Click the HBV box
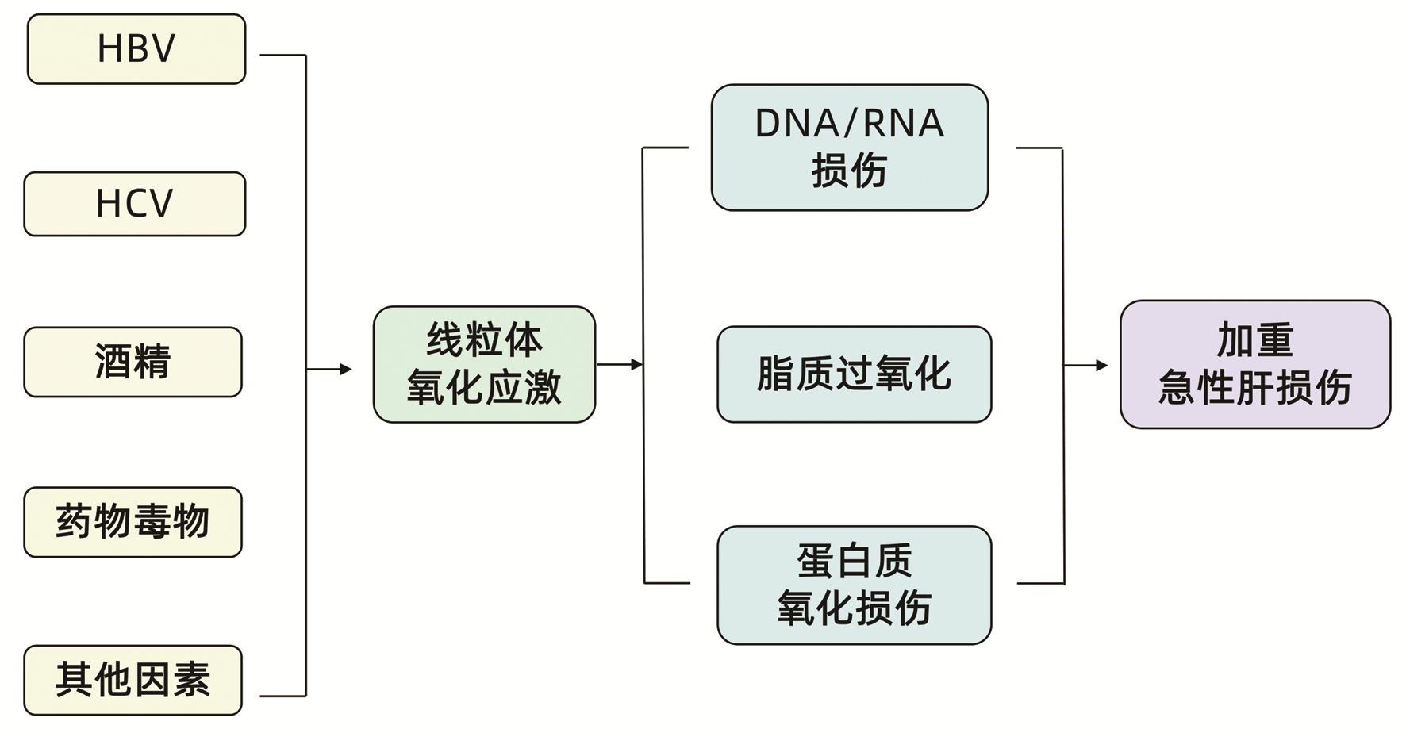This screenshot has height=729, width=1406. coord(136,49)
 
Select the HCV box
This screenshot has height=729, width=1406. coord(135,204)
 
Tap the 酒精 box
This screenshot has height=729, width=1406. coord(133,362)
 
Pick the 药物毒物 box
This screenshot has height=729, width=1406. coord(133,522)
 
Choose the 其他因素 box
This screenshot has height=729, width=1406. coord(133,680)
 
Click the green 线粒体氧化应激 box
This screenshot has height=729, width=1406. coord(484,364)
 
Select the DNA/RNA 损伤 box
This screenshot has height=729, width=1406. coord(849,148)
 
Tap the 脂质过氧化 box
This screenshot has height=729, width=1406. coord(854,374)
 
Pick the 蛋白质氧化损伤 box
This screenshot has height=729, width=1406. coord(854,585)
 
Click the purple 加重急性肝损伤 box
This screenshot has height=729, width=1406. coord(1254,364)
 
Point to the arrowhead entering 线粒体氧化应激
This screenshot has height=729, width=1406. coord(346,369)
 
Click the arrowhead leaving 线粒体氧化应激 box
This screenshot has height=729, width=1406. coord(637,365)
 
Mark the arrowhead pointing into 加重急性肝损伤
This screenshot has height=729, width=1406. coord(1102,366)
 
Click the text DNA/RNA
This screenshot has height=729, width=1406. coord(849,124)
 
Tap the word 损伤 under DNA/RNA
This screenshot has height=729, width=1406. coord(849,171)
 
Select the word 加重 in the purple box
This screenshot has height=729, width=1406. coord(1254,340)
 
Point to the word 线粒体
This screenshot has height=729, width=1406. coord(484,340)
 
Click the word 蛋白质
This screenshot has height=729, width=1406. coord(854,561)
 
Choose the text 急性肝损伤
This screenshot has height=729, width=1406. coord(1254,388)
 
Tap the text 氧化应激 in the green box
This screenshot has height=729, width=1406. coord(484,388)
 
